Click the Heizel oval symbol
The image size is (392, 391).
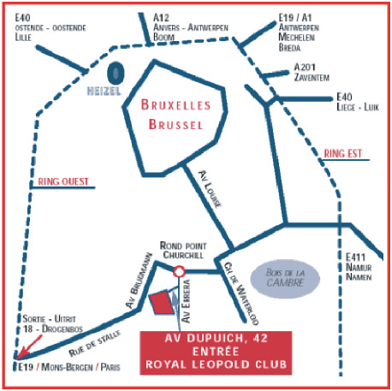116,74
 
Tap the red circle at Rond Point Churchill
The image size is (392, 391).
179,271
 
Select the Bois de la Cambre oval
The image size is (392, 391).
285,278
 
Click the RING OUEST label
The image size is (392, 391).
63,181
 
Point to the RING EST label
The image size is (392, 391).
343,154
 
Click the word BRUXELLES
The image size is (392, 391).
175,105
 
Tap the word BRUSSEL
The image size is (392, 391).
175,125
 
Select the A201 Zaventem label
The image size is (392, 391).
312,72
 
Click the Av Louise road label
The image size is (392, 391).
210,189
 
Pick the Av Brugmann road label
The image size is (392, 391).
140,281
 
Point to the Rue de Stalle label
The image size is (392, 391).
95,344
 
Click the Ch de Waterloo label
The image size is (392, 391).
241,293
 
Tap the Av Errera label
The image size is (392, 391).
186,301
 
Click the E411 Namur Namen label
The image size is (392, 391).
359,267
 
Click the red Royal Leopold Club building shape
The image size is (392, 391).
162,302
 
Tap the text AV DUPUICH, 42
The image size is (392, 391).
216,338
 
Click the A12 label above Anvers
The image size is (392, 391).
161,18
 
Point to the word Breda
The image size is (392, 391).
289,47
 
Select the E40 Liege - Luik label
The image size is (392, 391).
358,102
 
